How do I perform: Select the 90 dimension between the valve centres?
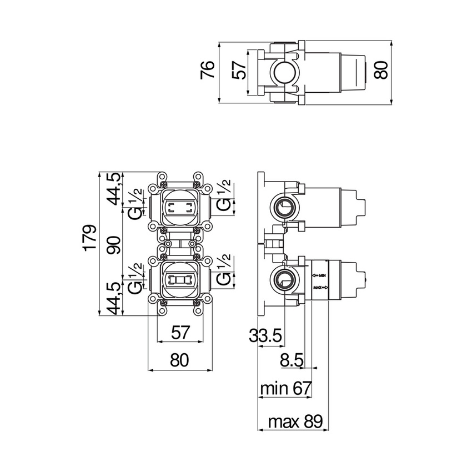tap(113, 244)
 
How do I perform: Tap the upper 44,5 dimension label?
tap(113, 188)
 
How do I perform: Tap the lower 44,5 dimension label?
tap(113, 298)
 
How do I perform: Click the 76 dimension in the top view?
tap(207, 71)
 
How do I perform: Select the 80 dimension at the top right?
tap(380, 71)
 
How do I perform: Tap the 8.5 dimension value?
tap(291, 361)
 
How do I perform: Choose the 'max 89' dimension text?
tap(295, 421)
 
